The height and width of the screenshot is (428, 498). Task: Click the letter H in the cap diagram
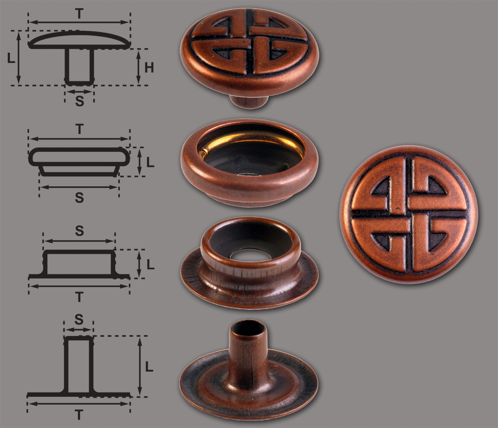(x=149, y=67)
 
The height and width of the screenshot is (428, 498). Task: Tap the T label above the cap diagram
(x=79, y=14)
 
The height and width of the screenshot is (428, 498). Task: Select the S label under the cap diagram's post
(x=80, y=101)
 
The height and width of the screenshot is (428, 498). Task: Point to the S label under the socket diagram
(x=80, y=198)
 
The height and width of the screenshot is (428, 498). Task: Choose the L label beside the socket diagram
(x=150, y=162)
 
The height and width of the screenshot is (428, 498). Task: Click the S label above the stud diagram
(x=80, y=231)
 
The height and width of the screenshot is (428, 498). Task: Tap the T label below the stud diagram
(x=80, y=297)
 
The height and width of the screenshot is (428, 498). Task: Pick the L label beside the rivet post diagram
(x=149, y=366)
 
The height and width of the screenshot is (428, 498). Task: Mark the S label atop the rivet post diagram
(x=78, y=319)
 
